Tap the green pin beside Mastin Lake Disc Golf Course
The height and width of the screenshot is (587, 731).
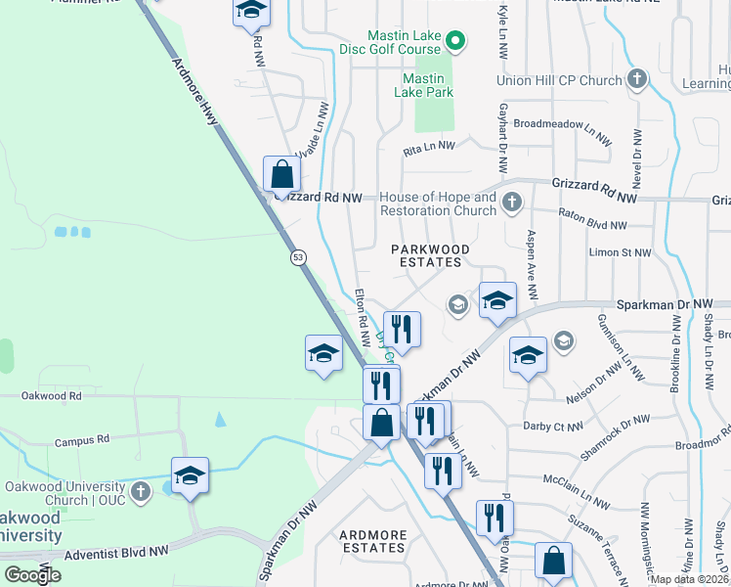[x=455, y=41]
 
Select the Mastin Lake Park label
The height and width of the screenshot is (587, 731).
[x=424, y=85]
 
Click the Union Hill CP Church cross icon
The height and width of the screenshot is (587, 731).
[x=637, y=79]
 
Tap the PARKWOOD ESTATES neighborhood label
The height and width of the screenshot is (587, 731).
[x=430, y=255]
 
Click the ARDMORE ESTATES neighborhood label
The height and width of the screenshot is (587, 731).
[x=372, y=541]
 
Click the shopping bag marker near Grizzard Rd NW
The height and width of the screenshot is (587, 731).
[x=281, y=176]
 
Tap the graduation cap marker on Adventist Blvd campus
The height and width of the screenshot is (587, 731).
[x=191, y=476]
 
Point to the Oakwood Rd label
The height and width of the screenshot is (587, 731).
[x=52, y=396]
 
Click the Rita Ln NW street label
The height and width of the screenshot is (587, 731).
[x=429, y=146]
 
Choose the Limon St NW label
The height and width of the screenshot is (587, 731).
[x=620, y=252]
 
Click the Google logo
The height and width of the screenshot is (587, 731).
[x=32, y=574]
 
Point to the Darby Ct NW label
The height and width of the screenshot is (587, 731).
[x=553, y=427]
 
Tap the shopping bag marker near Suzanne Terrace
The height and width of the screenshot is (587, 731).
[x=554, y=563]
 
